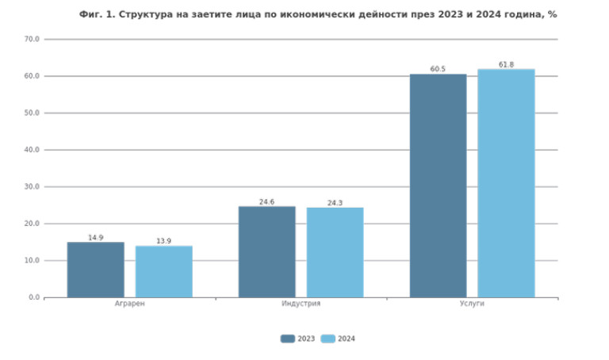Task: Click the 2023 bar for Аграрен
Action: tap(95, 270)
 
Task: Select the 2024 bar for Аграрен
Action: tap(163, 271)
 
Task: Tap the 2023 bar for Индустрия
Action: tap(266, 251)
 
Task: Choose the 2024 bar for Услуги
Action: tap(506, 183)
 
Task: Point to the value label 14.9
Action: tap(95, 238)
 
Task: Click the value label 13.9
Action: tap(163, 241)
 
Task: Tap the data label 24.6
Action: tap(266, 202)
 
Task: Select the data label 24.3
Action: tap(335, 203)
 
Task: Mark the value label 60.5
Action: tap(438, 69)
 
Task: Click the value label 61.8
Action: tap(506, 64)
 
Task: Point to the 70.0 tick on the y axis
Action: tap(32, 39)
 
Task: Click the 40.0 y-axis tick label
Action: tap(32, 150)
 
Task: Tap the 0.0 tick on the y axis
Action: tap(34, 297)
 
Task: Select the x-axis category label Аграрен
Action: tap(129, 304)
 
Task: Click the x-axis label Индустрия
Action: tap(301, 304)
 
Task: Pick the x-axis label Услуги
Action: tap(472, 304)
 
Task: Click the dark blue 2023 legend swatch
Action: tap(287, 339)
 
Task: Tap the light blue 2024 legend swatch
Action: tap(327, 339)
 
